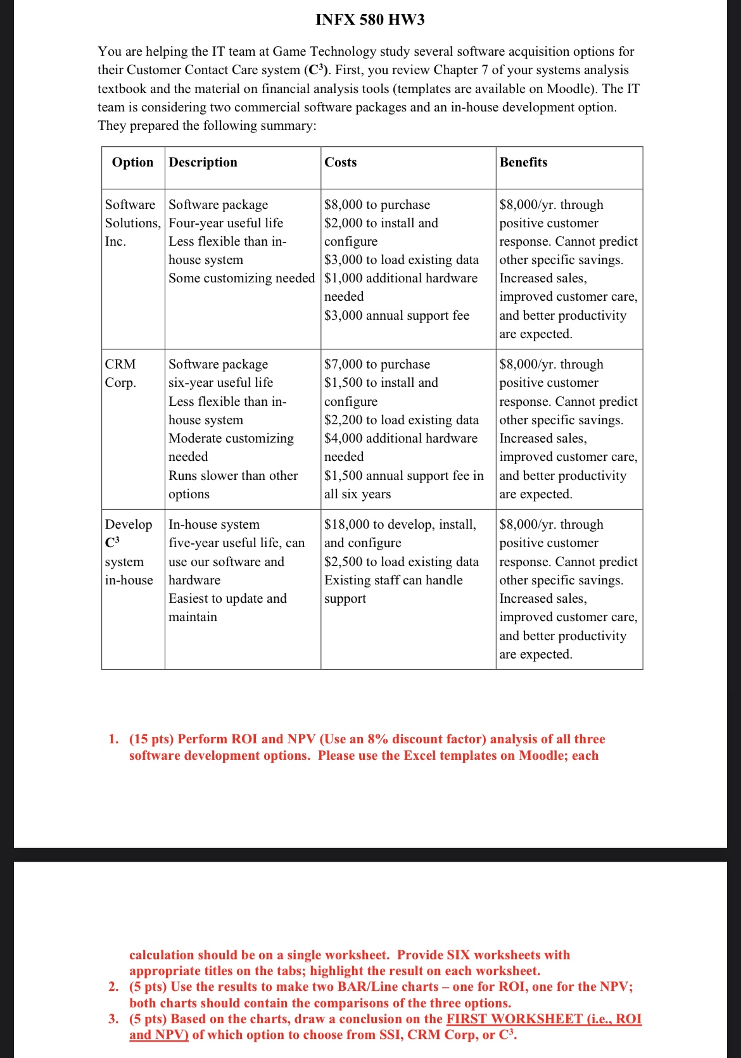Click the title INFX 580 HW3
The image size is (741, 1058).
(370, 20)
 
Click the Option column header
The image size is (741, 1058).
(132, 162)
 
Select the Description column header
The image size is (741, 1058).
(203, 162)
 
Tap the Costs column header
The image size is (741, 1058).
(341, 162)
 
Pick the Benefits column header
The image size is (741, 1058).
(523, 162)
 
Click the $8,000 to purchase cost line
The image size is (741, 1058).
(377, 205)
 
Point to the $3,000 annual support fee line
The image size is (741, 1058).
(396, 315)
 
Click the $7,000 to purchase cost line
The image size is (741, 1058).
(377, 364)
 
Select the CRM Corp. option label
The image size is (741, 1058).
(120, 373)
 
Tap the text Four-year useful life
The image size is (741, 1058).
(225, 223)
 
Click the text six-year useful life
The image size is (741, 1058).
(220, 382)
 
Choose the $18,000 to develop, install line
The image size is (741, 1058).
(400, 524)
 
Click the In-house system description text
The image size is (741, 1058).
(214, 524)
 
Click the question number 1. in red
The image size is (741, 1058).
(113, 739)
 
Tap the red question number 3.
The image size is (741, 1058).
(113, 1019)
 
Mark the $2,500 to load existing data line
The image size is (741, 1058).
(402, 562)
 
